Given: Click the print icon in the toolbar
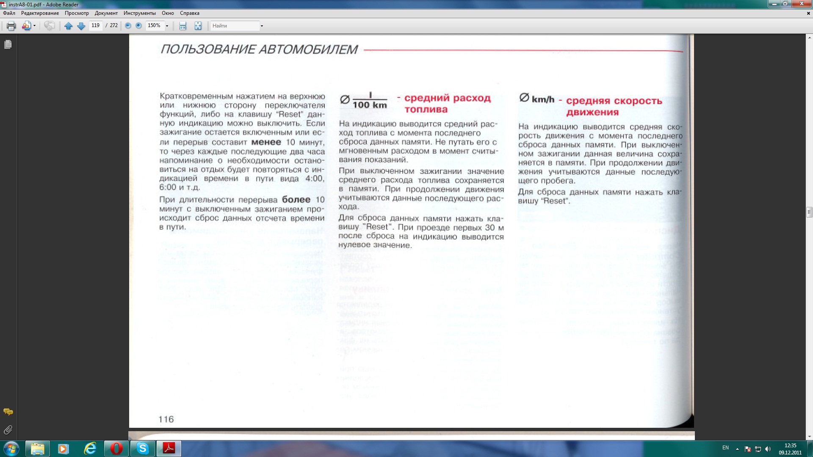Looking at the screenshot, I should point(11,26).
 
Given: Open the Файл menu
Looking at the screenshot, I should point(9,13).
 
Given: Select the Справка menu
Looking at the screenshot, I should point(189,13).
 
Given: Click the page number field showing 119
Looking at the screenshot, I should point(96,26).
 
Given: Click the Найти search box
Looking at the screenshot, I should point(235,26).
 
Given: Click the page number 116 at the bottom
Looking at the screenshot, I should point(166,419).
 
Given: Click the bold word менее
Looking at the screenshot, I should point(266,142).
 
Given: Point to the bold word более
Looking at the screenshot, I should point(296,200).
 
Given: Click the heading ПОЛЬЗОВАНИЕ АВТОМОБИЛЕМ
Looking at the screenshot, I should point(259,50).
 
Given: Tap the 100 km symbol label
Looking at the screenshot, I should point(369,105).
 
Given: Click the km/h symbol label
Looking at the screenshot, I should point(542,99).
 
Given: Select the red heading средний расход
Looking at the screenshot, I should point(447,98).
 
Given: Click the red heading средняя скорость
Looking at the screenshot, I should point(614,101).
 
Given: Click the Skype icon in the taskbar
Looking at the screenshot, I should point(143,448).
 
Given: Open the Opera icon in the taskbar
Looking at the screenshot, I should point(116,448).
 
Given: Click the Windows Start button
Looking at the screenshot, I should point(11,448).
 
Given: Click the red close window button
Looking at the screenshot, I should point(802,4).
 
